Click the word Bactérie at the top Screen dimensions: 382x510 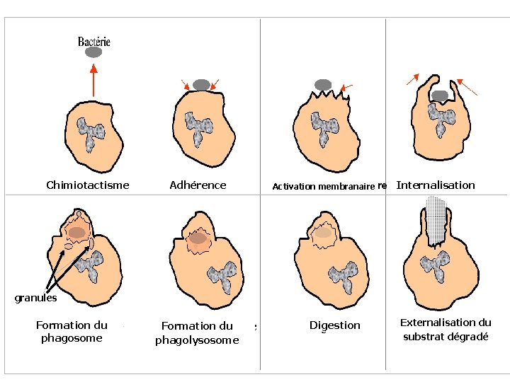coord(94,41)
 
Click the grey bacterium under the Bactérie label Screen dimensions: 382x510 coord(93,52)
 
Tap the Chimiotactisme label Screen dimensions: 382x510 coord(88,185)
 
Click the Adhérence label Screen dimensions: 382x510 coord(198,185)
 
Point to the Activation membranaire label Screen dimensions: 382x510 coord(324,187)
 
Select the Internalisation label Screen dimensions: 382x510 coord(436,185)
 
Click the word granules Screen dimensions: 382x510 coord(36,297)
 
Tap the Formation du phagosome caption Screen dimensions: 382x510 coord(71,332)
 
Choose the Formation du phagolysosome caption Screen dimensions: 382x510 coord(197,333)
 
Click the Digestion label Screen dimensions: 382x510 coord(335,325)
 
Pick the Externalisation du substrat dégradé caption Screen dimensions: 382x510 coord(446,330)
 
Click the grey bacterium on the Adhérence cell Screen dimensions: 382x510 coord(201,85)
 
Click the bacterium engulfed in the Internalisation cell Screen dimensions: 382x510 coord(439,95)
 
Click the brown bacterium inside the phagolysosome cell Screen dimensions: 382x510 coord(199,238)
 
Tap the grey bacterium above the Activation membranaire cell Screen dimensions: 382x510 coord(323,85)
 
